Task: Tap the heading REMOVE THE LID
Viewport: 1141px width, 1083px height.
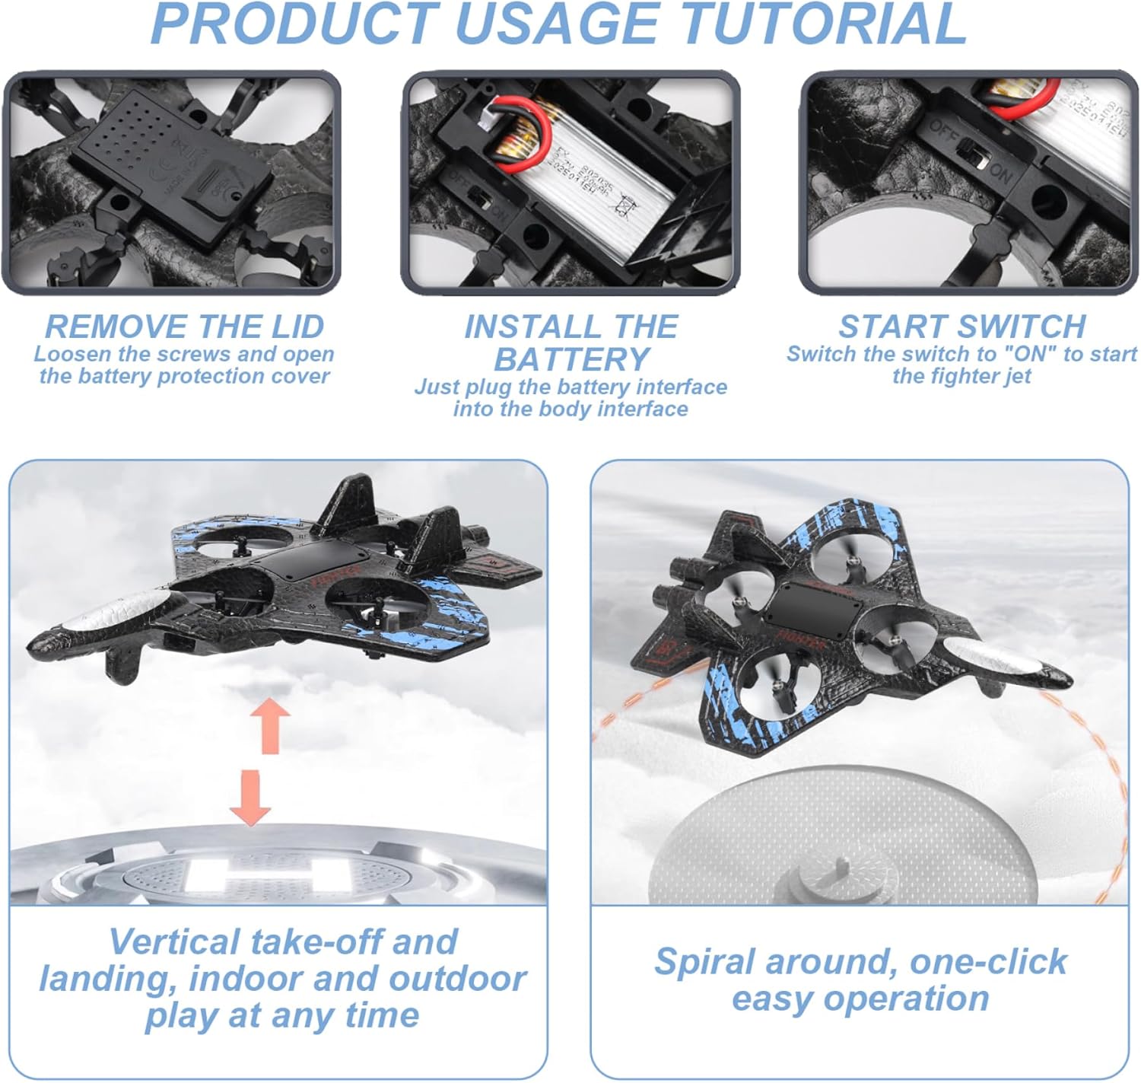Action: point(185,326)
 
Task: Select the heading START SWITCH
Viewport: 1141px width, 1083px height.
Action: point(962,326)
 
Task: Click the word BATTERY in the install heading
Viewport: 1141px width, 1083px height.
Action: point(571,358)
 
